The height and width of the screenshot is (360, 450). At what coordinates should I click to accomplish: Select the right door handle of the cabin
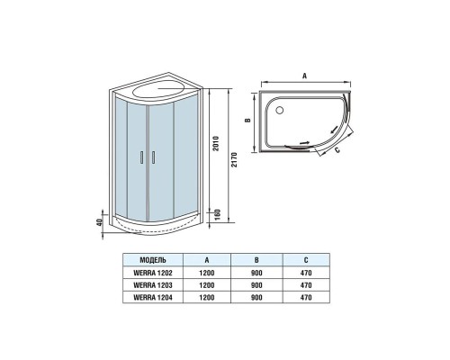(x=153, y=157)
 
